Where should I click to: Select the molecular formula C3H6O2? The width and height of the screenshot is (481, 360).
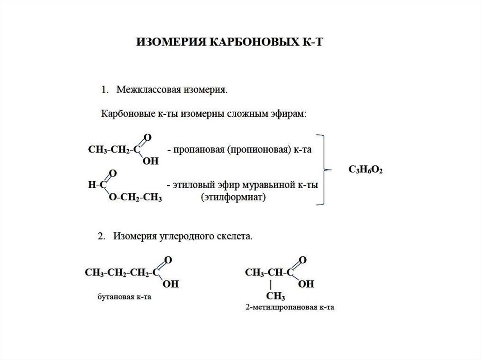tap(366, 170)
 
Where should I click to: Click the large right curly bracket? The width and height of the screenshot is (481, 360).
tap(323, 169)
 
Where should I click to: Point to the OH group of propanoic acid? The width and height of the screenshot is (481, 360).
tap(151, 161)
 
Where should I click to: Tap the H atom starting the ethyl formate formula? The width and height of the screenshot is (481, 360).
tap(91, 185)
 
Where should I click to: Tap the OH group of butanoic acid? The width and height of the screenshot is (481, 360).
tap(171, 284)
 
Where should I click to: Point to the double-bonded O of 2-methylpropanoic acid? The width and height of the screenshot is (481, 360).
tap(303, 260)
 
